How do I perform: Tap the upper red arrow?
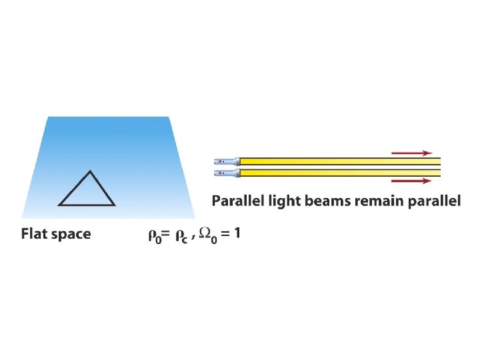tap(411, 153)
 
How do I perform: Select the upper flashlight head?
tap(227, 161)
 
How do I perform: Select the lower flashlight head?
tap(227, 173)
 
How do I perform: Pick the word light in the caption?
tap(287, 201)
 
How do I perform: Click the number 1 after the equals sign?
tap(238, 233)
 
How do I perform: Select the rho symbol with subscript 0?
tap(153, 235)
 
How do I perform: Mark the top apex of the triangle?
tap(87, 171)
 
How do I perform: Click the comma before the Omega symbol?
tap(193, 237)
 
